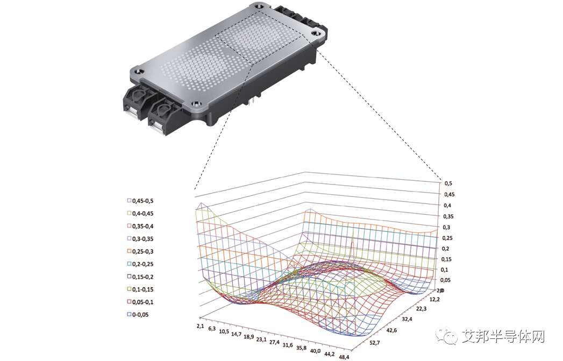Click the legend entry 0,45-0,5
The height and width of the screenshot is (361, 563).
tap(140, 201)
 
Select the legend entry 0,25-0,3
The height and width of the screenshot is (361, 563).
tap(140, 251)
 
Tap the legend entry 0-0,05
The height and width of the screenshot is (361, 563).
tap(138, 315)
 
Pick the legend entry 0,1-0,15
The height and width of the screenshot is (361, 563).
tap(140, 289)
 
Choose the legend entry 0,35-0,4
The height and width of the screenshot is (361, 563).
tap(140, 226)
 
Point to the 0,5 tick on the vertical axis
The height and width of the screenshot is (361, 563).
tap(448, 183)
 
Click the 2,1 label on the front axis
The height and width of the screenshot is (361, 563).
tap(201, 326)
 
